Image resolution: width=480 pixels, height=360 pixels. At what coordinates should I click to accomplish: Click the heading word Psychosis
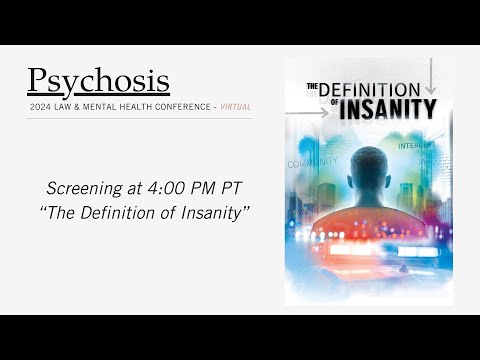[x=98, y=79]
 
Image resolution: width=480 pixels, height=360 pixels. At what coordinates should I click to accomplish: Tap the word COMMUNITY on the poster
[x=312, y=162]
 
